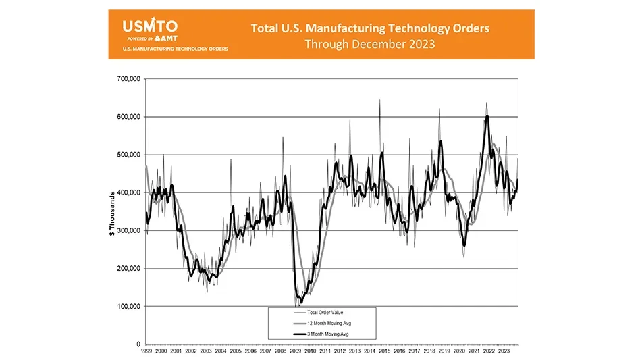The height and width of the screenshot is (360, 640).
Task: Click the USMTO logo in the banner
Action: (x=150, y=27)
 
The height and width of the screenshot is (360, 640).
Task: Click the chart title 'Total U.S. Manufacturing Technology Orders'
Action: (x=370, y=28)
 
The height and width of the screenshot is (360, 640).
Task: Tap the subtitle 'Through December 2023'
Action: (x=370, y=44)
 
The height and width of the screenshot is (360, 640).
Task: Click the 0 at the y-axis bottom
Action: (x=137, y=344)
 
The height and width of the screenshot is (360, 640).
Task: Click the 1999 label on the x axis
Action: (x=146, y=352)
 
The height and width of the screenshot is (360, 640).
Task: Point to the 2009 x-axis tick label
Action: (x=296, y=352)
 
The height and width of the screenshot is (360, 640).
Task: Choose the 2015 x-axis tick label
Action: (x=385, y=352)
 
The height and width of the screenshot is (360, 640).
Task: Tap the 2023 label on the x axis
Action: (x=504, y=352)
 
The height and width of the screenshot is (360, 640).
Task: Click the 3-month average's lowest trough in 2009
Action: (x=301, y=302)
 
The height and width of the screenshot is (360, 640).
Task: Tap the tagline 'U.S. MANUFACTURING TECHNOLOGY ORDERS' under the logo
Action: (x=175, y=49)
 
